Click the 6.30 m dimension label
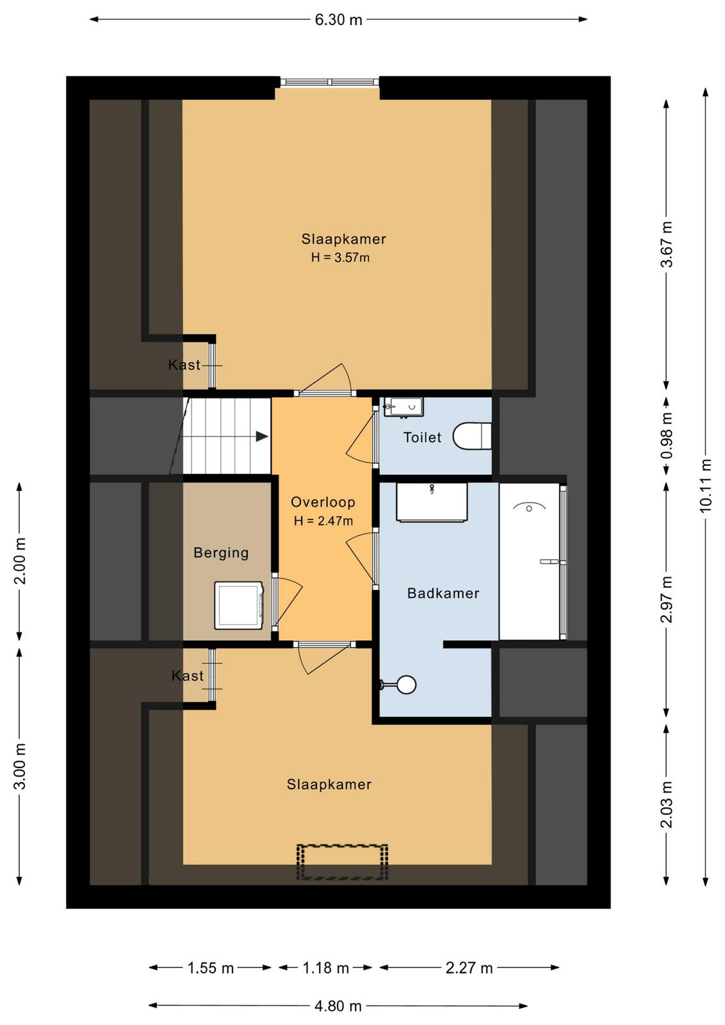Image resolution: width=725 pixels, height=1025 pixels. (x=339, y=20)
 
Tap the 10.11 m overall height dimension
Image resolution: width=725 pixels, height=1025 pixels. (x=706, y=485)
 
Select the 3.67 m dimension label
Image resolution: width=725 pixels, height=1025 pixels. (x=667, y=244)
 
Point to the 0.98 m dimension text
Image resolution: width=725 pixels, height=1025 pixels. (x=667, y=436)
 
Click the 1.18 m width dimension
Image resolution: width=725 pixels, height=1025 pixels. (x=326, y=968)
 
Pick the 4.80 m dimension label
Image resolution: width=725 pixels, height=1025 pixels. (x=338, y=1006)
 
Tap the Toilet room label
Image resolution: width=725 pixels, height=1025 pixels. (x=422, y=438)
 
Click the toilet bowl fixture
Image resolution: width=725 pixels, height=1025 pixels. (x=472, y=436)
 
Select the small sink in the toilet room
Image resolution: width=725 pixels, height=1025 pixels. (x=403, y=407)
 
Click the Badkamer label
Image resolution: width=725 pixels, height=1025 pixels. (x=443, y=593)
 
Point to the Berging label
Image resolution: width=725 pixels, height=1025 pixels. (x=221, y=553)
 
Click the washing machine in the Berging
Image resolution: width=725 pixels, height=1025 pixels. (x=240, y=605)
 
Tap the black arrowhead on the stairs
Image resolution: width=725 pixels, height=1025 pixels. (x=262, y=436)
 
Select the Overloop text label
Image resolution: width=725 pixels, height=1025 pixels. (x=323, y=502)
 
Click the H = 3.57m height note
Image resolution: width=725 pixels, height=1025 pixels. (x=340, y=258)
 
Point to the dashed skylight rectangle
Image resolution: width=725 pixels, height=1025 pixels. (x=342, y=862)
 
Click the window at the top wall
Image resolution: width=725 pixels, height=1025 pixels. (x=330, y=82)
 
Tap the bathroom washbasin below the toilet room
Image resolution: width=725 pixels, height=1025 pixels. (x=432, y=502)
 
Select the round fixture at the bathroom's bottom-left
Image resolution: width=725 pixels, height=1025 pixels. (x=405, y=685)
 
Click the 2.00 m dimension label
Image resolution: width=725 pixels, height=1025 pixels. (x=20, y=561)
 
